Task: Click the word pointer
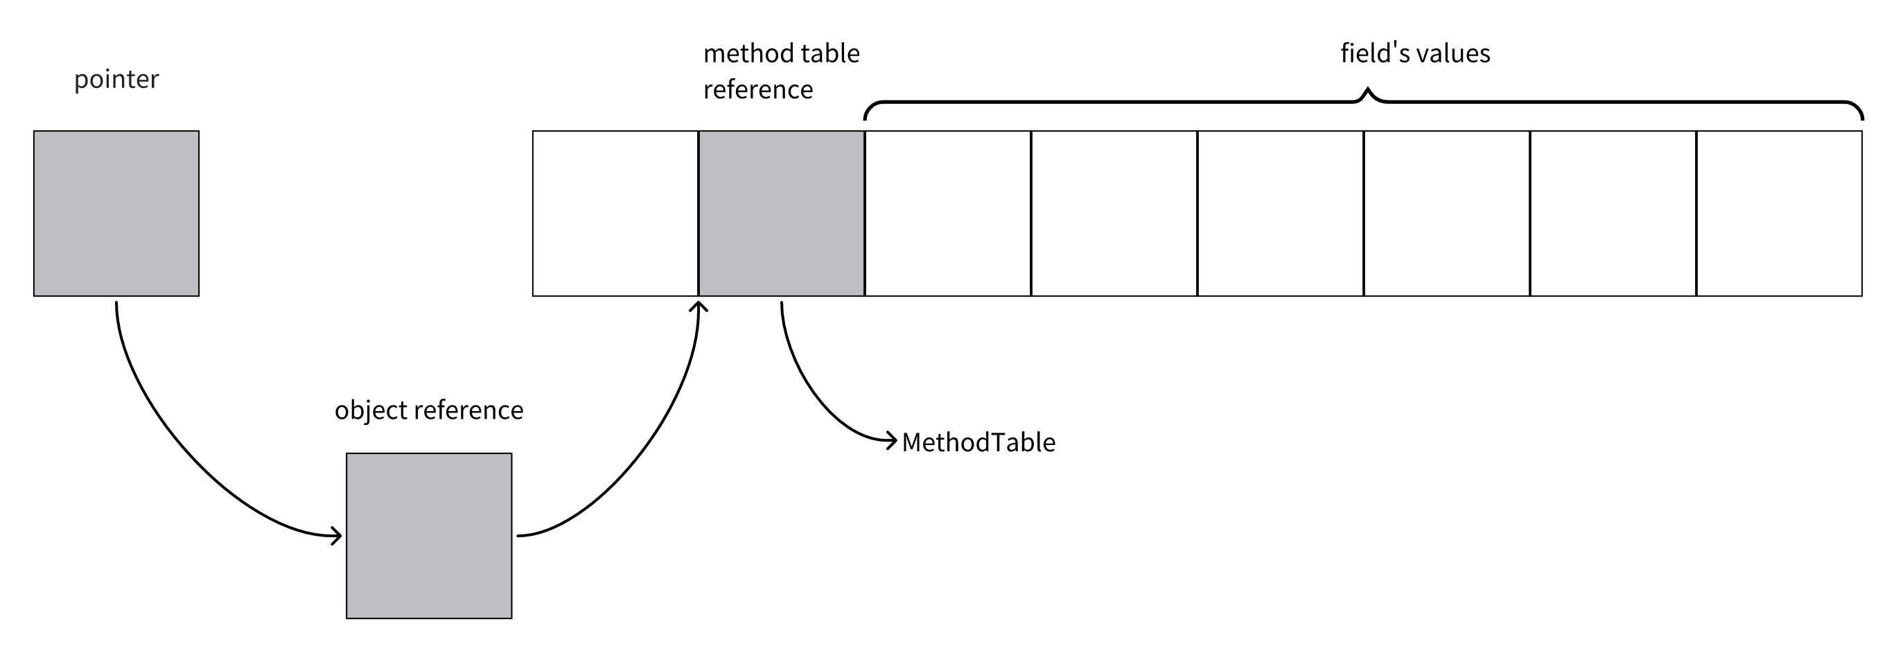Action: pyautogui.click(x=116, y=79)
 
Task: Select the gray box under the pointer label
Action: pyautogui.click(x=116, y=214)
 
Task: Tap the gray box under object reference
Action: pyautogui.click(x=429, y=535)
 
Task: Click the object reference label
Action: pyautogui.click(x=429, y=410)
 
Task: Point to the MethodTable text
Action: pyautogui.click(x=978, y=442)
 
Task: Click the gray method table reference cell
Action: pyautogui.click(x=781, y=214)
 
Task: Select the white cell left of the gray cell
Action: pyautogui.click(x=615, y=214)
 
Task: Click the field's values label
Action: pyautogui.click(x=1414, y=53)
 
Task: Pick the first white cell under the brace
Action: pyautogui.click(x=948, y=214)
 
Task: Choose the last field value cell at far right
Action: pyautogui.click(x=1779, y=214)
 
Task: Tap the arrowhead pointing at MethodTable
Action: pyautogui.click(x=892, y=440)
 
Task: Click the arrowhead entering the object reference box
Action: pyautogui.click(x=337, y=535)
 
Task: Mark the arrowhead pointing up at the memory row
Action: pyautogui.click(x=698, y=305)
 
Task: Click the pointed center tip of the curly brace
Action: pyautogui.click(x=1367, y=92)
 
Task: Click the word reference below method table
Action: pyautogui.click(x=758, y=90)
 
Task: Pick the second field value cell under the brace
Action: pyautogui.click(x=1114, y=214)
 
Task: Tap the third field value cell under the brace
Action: pyautogui.click(x=1281, y=214)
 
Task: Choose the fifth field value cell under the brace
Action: pyautogui.click(x=1613, y=214)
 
